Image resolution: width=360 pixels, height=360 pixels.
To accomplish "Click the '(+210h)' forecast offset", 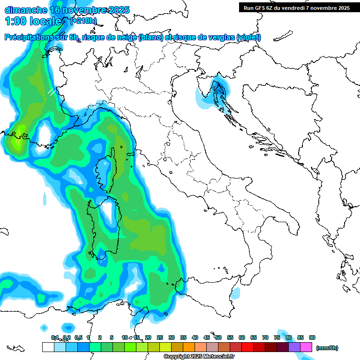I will click(x=83, y=21).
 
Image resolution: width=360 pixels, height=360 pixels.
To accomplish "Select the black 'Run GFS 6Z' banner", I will click(x=297, y=7).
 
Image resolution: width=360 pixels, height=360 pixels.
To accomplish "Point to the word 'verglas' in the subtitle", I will click(x=220, y=37).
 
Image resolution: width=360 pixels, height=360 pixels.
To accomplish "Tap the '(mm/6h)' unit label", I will click(x=327, y=348).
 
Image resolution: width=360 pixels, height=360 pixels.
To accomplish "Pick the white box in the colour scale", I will click(x=48, y=347).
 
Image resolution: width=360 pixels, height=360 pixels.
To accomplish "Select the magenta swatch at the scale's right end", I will click(x=306, y=347).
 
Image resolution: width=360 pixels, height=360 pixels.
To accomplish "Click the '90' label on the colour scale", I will click(x=312, y=337).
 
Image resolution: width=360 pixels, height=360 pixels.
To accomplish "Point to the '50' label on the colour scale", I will click(x=218, y=337).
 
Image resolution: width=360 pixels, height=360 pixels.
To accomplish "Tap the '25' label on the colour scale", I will click(x=160, y=337).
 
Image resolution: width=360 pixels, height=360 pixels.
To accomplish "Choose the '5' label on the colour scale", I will click(x=112, y=337).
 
